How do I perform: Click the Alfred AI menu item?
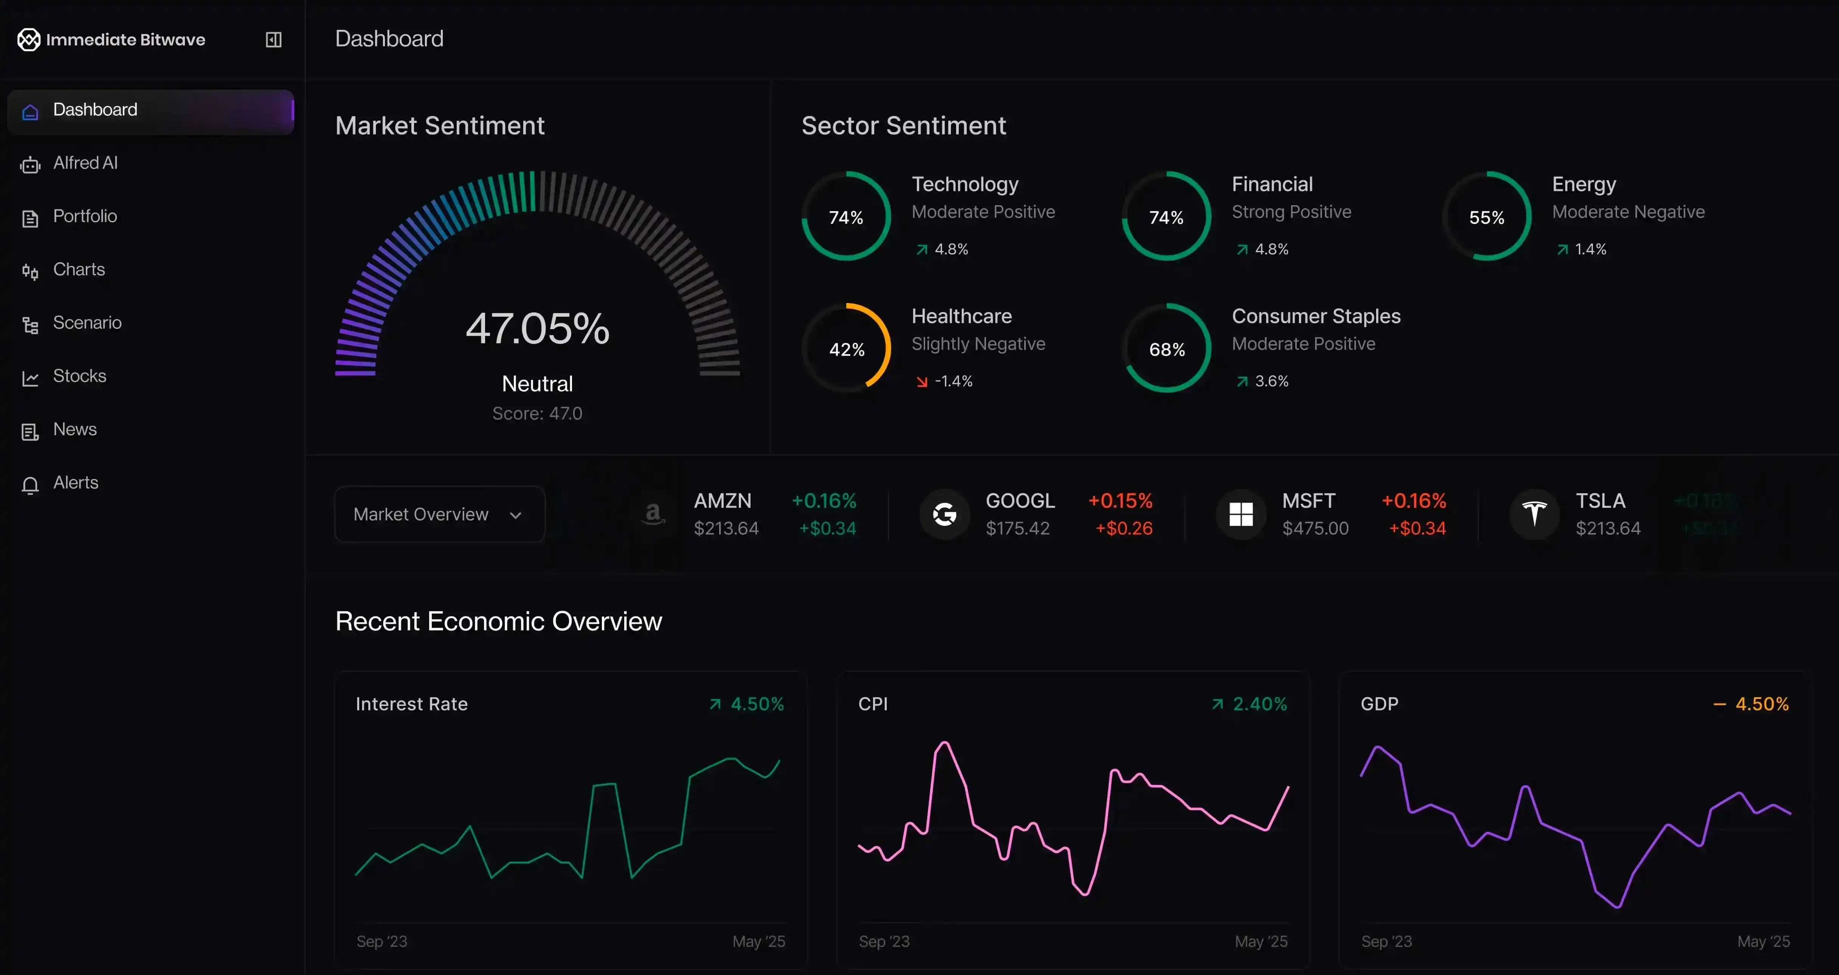point(85,163)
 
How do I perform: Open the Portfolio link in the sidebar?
point(84,216)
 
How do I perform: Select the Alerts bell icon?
point(30,484)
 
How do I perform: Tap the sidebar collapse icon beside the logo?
point(273,39)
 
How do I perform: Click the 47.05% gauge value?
point(537,328)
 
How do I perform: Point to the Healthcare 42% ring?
point(846,348)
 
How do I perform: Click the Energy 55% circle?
point(1486,216)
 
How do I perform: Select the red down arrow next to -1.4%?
point(922,382)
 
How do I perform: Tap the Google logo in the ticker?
point(944,514)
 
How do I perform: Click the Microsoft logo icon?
point(1241,514)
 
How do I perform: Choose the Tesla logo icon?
point(1534,514)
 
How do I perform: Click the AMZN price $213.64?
point(726,528)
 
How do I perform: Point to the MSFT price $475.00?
point(1315,528)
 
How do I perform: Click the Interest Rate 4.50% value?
point(757,704)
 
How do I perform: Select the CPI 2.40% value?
point(1259,704)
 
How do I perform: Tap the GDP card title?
point(1379,704)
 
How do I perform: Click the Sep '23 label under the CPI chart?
point(884,941)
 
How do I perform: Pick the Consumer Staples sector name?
point(1316,316)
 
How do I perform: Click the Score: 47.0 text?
point(537,413)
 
